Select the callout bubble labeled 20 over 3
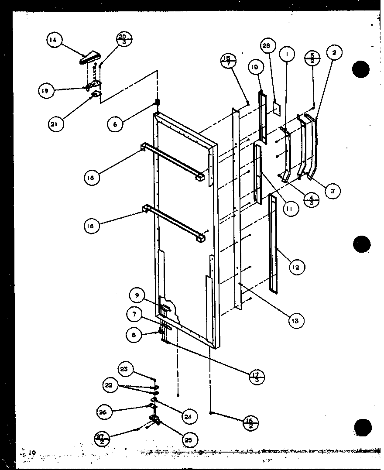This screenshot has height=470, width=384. click(x=123, y=39)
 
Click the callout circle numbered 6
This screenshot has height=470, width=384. click(x=116, y=124)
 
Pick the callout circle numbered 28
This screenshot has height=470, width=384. click(x=268, y=46)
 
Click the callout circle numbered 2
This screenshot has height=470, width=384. click(x=334, y=53)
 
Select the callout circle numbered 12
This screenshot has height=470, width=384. click(x=296, y=267)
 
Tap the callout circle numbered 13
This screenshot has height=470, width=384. click(x=296, y=320)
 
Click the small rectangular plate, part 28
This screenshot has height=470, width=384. click(x=276, y=108)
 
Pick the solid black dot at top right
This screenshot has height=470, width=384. click(x=361, y=69)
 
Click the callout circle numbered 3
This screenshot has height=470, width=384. click(x=333, y=191)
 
